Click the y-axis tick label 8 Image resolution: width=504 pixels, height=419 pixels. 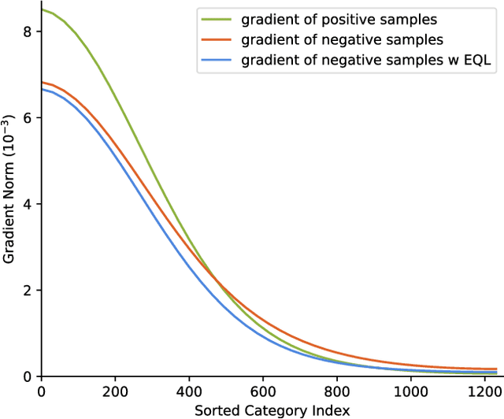[x=28, y=32]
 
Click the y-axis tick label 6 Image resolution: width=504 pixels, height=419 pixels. [x=28, y=117]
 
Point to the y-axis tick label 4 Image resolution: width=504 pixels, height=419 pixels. [x=28, y=204]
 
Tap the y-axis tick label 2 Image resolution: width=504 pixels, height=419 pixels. [x=28, y=290]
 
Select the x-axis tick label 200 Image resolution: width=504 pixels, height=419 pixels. [x=115, y=391]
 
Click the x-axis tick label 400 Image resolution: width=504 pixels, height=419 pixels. [x=189, y=391]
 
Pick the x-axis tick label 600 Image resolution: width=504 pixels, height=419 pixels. [x=263, y=391]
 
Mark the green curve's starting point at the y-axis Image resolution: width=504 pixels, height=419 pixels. [x=42, y=9]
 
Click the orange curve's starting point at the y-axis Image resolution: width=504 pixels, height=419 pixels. [x=42, y=82]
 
